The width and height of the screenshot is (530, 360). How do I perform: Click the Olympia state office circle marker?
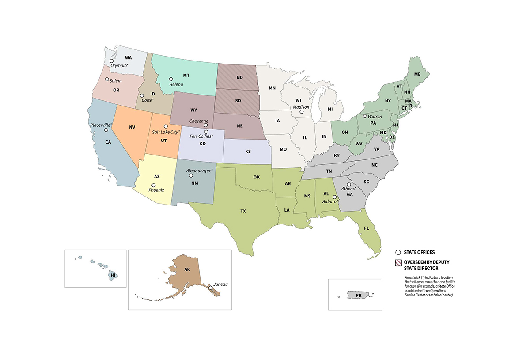click(x=111, y=61)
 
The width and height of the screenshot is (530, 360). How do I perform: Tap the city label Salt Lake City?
click(x=166, y=132)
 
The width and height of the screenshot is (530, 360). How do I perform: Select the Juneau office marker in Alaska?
click(x=210, y=288)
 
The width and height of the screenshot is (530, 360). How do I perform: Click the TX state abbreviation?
click(x=243, y=211)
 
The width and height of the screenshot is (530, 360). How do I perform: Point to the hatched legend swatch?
click(x=397, y=263)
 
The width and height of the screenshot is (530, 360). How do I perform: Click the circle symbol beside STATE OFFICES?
click(x=397, y=252)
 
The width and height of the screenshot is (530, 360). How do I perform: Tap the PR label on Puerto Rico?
click(x=358, y=294)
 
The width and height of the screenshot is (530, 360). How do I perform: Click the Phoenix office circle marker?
click(x=154, y=185)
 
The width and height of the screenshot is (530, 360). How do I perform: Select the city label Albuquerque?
click(x=199, y=170)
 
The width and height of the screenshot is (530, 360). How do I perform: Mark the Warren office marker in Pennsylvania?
click(x=365, y=116)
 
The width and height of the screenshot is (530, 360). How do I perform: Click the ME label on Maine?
click(x=417, y=75)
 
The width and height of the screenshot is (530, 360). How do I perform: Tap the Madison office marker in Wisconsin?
click(x=302, y=112)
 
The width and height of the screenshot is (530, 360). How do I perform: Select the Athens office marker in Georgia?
click(x=348, y=185)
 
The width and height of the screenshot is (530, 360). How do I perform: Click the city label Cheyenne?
click(x=199, y=121)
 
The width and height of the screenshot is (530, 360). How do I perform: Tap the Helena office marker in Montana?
click(x=171, y=79)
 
